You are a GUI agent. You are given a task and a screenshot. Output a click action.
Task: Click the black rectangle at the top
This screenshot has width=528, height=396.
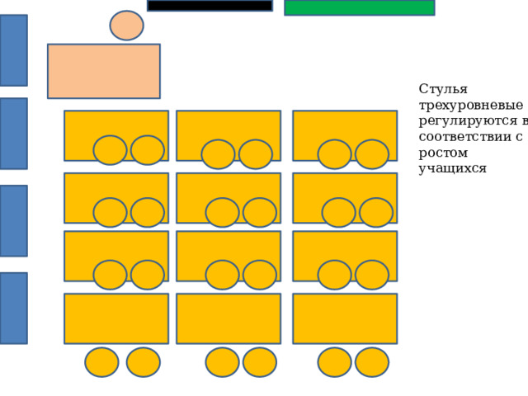pyautogui.click(x=210, y=6)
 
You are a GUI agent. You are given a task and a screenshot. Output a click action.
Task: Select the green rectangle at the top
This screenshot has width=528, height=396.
pyautogui.click(x=360, y=7)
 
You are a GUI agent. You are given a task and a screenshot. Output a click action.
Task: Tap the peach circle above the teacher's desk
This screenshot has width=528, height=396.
pyautogui.click(x=126, y=26)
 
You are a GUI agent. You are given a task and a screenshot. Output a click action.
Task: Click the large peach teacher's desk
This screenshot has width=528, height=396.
pyautogui.click(x=104, y=71)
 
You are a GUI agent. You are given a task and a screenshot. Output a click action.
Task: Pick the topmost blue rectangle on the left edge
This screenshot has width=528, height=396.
pyautogui.click(x=13, y=50)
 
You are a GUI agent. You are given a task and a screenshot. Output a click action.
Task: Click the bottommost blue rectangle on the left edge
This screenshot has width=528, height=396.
pyautogui.click(x=13, y=308)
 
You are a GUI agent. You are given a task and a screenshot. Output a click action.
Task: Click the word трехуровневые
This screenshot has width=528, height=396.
pyautogui.click(x=471, y=106)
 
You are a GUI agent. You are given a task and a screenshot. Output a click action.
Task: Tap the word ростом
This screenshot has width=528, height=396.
pyautogui.click(x=443, y=153)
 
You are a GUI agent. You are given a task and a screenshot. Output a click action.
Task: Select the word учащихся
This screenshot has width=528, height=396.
pyautogui.click(x=453, y=168)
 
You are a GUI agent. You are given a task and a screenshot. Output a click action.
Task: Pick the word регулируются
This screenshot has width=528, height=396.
pyautogui.click(x=468, y=121)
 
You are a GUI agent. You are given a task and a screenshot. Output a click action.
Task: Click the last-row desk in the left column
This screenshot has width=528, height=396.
pyautogui.click(x=116, y=318)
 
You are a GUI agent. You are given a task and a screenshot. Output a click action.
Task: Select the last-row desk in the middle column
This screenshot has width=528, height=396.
pyautogui.click(x=229, y=318)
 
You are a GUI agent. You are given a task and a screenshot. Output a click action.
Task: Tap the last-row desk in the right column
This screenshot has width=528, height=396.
pyautogui.click(x=345, y=318)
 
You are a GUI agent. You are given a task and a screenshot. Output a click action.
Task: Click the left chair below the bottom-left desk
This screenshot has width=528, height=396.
pyautogui.click(x=101, y=362)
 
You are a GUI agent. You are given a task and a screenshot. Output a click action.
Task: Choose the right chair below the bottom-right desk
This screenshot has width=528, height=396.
pyautogui.click(x=372, y=362)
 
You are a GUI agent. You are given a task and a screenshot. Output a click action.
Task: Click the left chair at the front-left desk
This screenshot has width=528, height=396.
pyautogui.click(x=110, y=150)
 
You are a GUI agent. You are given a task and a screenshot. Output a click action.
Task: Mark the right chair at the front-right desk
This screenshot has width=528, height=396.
pyautogui.click(x=372, y=154)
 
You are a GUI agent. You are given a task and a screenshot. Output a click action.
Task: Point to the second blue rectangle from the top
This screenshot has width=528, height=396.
pyautogui.click(x=13, y=134)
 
